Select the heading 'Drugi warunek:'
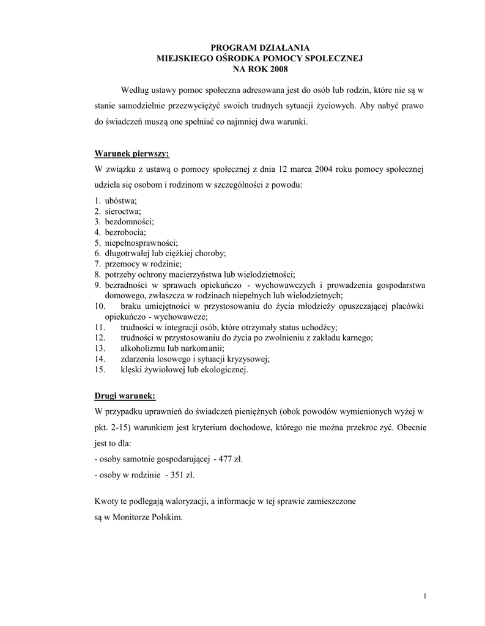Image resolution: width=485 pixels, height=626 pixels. point(125,394)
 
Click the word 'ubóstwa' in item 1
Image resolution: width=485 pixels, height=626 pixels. point(120,201)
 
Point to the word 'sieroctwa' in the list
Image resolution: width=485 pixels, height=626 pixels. point(122,212)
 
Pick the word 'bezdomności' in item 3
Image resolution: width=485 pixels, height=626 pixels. point(129,222)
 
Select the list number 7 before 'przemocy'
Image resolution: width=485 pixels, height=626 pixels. point(97,263)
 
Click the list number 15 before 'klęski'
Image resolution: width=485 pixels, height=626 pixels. point(100,369)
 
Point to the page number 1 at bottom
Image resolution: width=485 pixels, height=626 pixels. point(424,595)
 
